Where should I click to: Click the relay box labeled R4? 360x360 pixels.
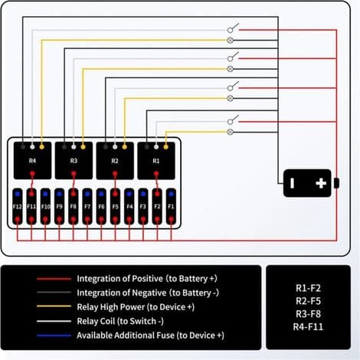[32, 161]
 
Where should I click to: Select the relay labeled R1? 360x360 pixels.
[156, 161]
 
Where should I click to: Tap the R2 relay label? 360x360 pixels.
[115, 161]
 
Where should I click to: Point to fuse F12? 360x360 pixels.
[18, 206]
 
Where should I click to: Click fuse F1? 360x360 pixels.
[171, 206]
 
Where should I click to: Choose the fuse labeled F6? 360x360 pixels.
[101, 206]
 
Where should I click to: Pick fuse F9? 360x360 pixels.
[59, 206]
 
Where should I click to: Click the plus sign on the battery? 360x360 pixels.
[321, 183]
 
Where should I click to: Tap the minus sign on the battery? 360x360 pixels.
[293, 183]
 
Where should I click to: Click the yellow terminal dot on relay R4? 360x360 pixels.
[42, 147]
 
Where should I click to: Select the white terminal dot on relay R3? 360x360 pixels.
[74, 147]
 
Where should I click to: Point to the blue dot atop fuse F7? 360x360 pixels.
[87, 194]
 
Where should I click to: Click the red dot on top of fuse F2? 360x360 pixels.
[157, 194]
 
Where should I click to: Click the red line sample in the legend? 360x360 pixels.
[54, 279]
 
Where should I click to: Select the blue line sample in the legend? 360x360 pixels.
[54, 335]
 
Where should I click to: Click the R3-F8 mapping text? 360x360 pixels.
[308, 314]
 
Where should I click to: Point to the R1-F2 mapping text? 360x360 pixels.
[308, 288]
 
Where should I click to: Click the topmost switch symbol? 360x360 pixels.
[233, 28]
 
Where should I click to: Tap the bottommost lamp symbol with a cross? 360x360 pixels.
[230, 132]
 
